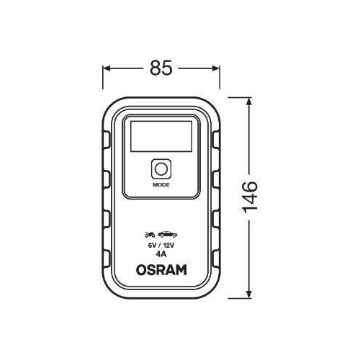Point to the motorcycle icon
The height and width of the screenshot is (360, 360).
tap(150, 235)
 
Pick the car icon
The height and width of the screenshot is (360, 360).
tap(167, 235)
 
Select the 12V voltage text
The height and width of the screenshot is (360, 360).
tap(168, 245)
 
